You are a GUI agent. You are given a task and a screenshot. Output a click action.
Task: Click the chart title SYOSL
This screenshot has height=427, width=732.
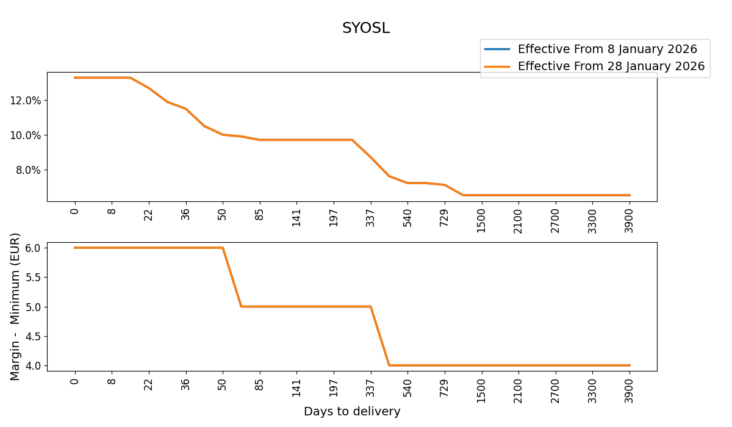(x=365, y=28)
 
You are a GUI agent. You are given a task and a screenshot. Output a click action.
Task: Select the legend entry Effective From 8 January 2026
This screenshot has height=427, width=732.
(x=607, y=49)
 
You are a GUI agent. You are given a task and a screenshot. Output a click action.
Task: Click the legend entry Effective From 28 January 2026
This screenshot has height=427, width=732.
(x=611, y=66)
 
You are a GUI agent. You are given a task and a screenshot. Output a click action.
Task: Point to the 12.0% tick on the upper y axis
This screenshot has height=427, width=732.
(x=25, y=100)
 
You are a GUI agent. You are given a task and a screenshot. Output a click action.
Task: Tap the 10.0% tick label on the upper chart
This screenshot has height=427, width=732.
(x=25, y=135)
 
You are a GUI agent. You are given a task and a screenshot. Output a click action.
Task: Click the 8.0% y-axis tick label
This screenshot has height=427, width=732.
(x=27, y=170)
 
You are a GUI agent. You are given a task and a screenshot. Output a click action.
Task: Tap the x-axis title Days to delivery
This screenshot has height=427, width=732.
(x=352, y=412)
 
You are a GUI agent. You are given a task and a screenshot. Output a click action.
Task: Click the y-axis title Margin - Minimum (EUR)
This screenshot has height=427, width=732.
(x=15, y=306)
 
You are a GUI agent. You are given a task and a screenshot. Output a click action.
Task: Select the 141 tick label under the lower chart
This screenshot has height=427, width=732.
(x=296, y=388)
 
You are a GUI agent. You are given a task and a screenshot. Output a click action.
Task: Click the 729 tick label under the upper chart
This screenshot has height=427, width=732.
(x=445, y=217)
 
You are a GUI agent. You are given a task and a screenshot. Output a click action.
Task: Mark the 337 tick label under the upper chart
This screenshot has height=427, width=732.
(x=370, y=217)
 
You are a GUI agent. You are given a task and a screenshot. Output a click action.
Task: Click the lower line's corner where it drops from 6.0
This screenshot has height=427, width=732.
(x=223, y=248)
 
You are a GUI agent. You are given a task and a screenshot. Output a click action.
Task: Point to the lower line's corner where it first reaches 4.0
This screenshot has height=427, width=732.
(x=389, y=365)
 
